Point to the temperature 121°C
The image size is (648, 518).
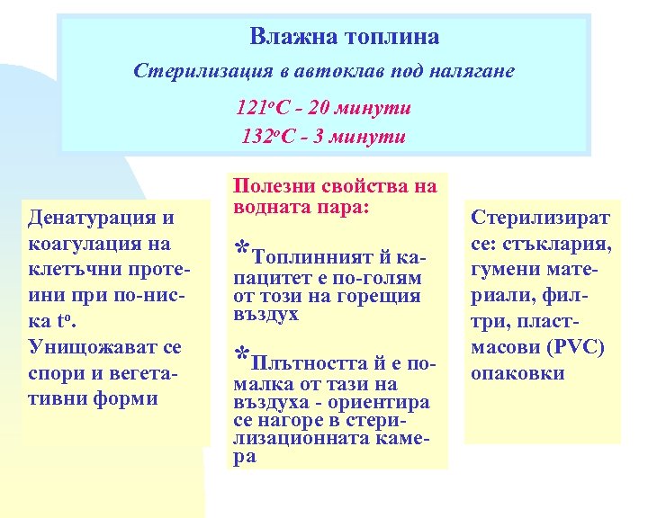(x=263, y=109)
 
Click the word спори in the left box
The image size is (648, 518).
(x=55, y=372)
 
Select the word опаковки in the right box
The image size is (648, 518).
(x=517, y=372)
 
